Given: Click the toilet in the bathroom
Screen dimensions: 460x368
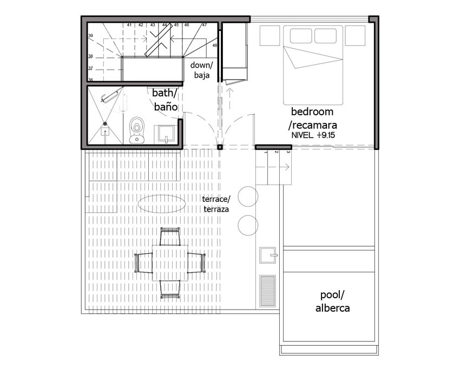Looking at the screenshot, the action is click(x=137, y=130).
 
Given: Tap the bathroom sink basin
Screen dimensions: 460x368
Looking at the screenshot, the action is click(x=166, y=134).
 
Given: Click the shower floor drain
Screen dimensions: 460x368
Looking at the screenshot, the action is click(x=105, y=124).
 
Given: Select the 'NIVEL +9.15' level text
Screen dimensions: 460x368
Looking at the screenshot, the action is click(x=313, y=135).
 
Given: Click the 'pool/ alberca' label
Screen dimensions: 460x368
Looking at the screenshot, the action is click(x=332, y=301).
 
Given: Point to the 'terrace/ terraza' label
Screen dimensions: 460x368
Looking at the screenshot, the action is click(x=216, y=204).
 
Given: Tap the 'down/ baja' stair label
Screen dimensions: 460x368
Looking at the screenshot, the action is click(x=201, y=70).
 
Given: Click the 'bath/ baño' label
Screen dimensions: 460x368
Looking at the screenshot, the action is click(x=165, y=100).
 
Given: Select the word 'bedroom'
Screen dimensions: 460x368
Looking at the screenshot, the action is click(x=312, y=112).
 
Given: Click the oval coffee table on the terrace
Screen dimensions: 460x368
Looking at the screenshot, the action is click(x=161, y=203).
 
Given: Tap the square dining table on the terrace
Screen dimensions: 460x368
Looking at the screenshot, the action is click(x=170, y=263).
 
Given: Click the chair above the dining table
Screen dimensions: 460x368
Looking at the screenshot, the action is click(x=170, y=236).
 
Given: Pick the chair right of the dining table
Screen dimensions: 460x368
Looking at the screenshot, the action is click(x=196, y=263).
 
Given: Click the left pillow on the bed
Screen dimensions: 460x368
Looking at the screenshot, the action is click(x=301, y=36).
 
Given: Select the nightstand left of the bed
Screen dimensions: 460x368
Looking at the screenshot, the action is click(x=270, y=36).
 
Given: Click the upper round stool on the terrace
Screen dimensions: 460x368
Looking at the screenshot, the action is click(x=248, y=196).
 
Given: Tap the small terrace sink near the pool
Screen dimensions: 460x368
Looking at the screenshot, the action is click(x=267, y=255).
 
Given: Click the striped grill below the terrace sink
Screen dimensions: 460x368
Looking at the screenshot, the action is click(x=267, y=291).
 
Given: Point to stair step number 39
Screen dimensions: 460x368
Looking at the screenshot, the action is click(x=91, y=36).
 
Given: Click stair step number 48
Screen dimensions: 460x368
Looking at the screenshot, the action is click(x=215, y=45).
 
